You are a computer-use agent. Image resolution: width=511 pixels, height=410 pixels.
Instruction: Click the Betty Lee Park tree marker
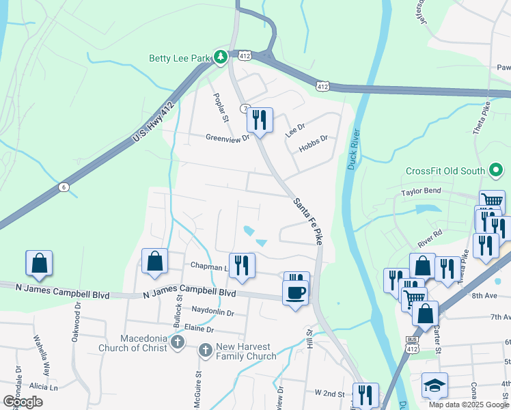[x=220, y=57]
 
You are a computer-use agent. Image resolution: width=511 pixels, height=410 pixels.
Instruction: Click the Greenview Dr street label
[x=229, y=137]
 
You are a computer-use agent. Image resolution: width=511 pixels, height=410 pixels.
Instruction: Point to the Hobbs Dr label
[x=315, y=138]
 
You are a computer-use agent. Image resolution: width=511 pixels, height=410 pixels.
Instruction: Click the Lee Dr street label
[x=294, y=127]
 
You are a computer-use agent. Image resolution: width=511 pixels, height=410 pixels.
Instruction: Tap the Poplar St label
[x=220, y=108]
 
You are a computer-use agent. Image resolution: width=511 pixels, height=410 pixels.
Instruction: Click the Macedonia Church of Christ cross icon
[x=177, y=341]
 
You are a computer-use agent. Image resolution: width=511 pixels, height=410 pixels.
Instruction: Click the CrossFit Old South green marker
[x=497, y=170]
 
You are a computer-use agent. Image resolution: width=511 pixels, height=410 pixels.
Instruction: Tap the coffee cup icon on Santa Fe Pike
[x=295, y=292]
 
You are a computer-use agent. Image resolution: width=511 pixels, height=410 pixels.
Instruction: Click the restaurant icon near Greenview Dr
[x=259, y=121]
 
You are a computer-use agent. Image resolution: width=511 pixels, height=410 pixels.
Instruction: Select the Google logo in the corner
[x=23, y=401]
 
